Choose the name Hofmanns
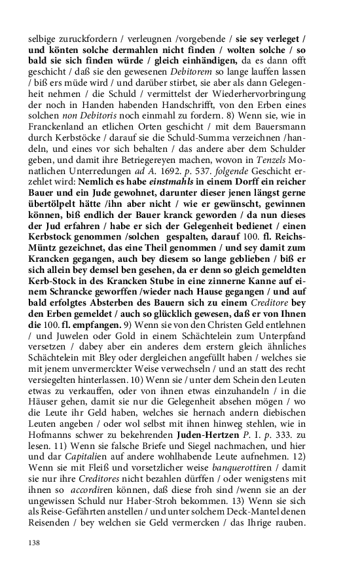pos(50,435)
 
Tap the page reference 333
pos(283,435)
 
